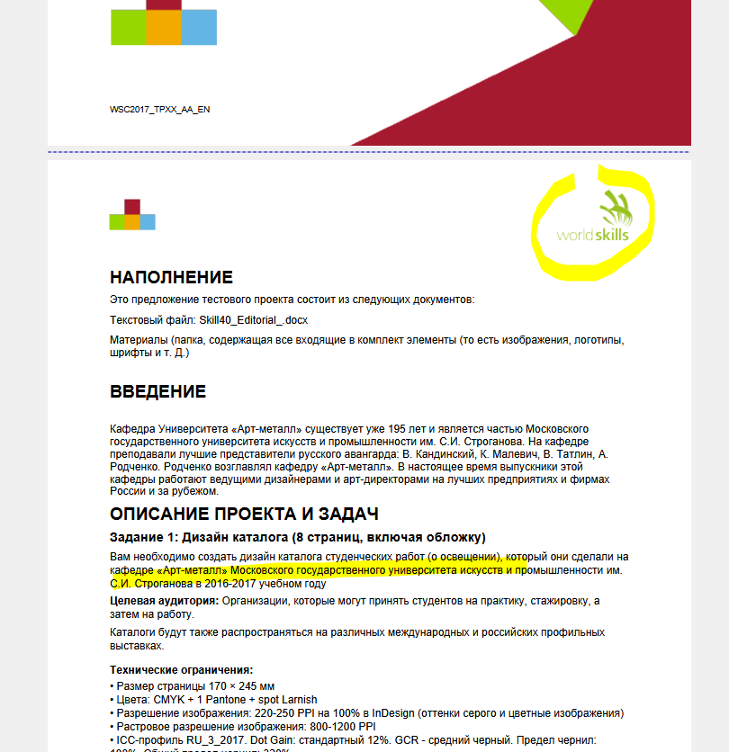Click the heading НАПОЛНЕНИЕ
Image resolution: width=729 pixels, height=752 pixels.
(171, 277)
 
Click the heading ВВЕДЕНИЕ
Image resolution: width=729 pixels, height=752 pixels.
(157, 392)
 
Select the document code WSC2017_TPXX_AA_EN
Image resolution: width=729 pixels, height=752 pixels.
(160, 110)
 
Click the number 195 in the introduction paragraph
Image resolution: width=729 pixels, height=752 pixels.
(417, 429)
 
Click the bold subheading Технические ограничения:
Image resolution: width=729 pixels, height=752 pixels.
(181, 670)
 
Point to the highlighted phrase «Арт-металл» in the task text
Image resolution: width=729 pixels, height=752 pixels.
(192, 570)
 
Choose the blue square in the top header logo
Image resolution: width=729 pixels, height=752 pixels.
(199, 27)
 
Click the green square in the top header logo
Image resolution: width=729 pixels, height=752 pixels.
(128, 27)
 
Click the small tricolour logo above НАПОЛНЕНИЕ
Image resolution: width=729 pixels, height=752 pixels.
(132, 215)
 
